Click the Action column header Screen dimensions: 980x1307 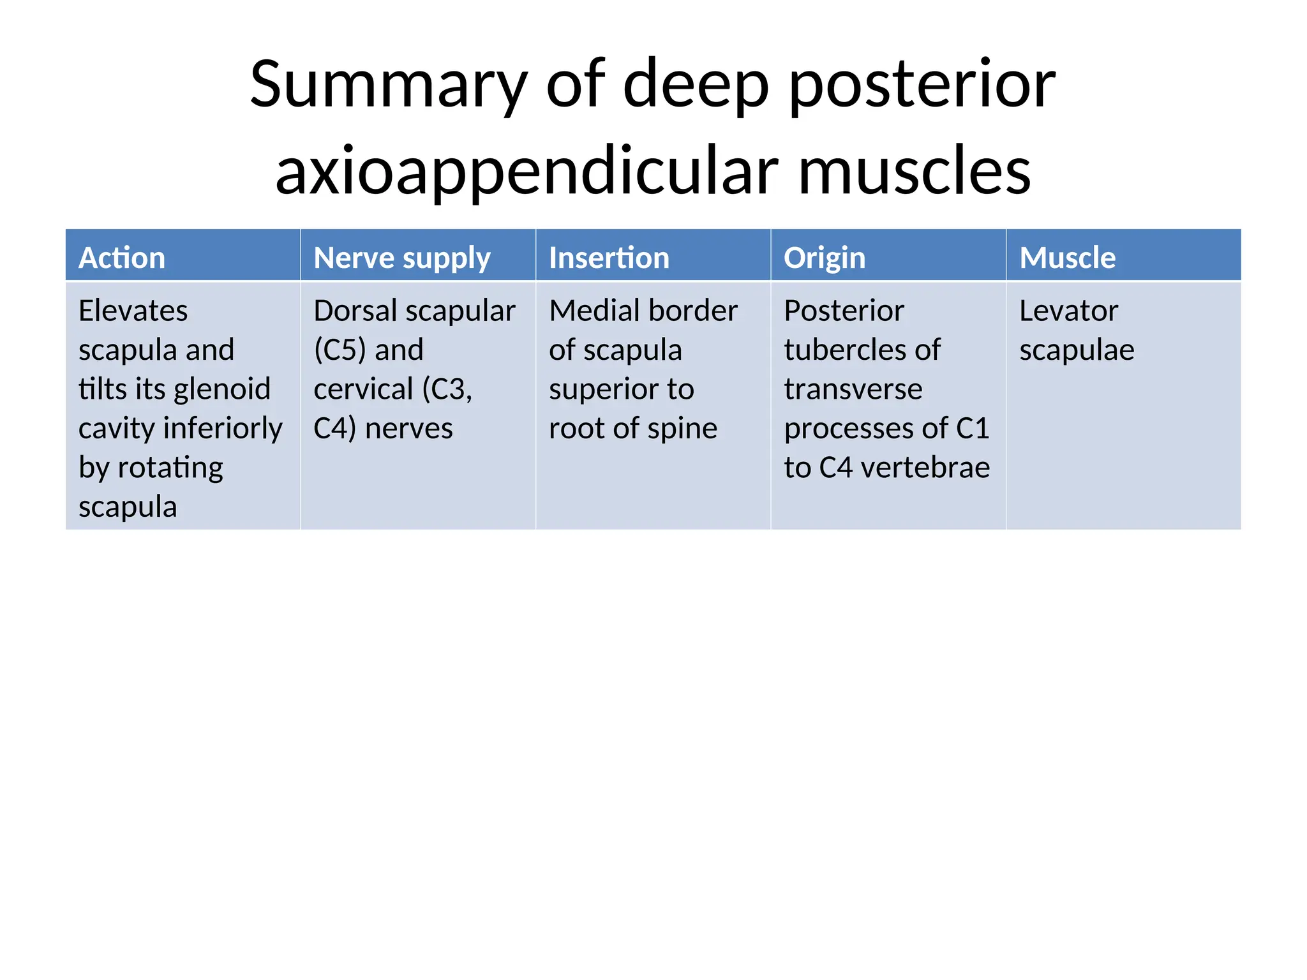(x=122, y=258)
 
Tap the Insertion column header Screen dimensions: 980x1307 (x=609, y=258)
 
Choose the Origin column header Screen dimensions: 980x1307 (x=824, y=258)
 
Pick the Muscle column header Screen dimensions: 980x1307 (x=1067, y=258)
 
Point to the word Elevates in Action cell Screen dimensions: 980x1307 (x=133, y=311)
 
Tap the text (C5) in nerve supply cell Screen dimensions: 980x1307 (x=340, y=350)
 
